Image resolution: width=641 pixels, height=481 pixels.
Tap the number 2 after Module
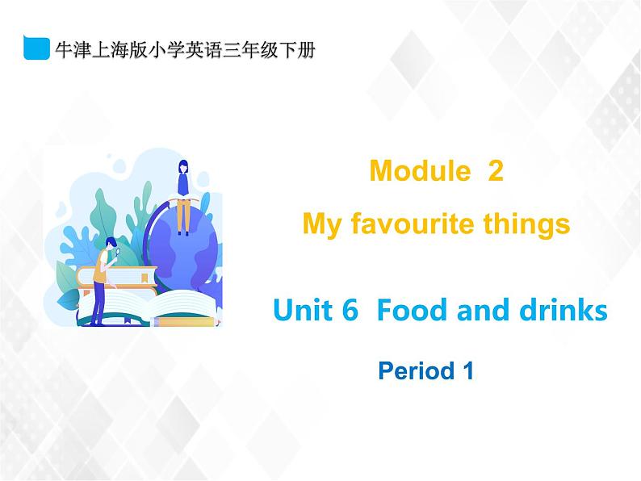click(x=496, y=171)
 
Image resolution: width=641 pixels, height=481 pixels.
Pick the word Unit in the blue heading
click(x=303, y=310)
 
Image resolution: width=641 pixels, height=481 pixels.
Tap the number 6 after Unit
click(x=349, y=310)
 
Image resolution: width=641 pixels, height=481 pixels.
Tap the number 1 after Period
click(x=467, y=371)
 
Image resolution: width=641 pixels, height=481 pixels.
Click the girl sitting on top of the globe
click(x=183, y=194)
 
